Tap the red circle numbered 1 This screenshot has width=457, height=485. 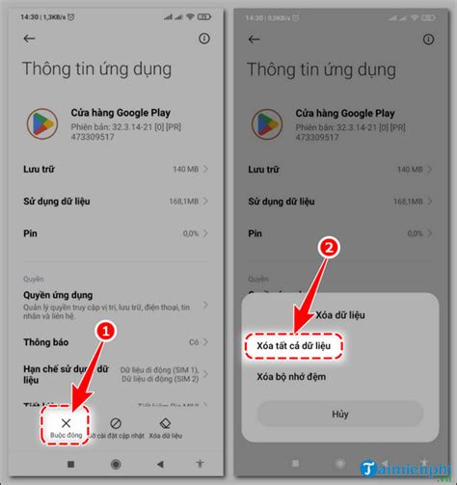coord(108,330)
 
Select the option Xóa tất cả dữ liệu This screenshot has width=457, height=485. coord(290,343)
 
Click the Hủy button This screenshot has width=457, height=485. coord(340,414)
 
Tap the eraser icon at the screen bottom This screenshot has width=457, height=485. coord(165,422)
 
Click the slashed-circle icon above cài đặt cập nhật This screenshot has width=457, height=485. coord(115,422)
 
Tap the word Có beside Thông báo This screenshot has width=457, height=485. coord(193,342)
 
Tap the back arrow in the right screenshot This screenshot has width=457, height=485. coord(255,39)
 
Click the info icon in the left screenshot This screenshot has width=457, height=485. coord(203,39)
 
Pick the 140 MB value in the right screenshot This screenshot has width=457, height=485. coord(402,169)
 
